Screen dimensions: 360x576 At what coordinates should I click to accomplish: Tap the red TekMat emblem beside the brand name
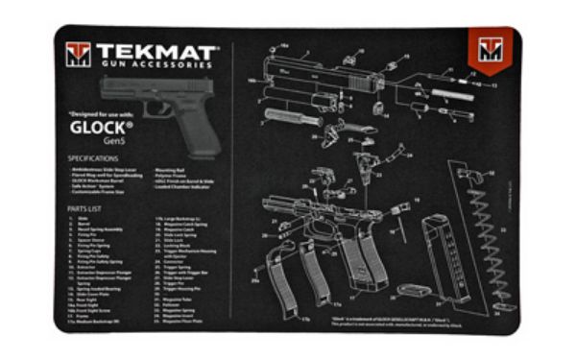point(78,55)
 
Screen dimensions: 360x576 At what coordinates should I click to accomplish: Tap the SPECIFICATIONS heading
point(93,156)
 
